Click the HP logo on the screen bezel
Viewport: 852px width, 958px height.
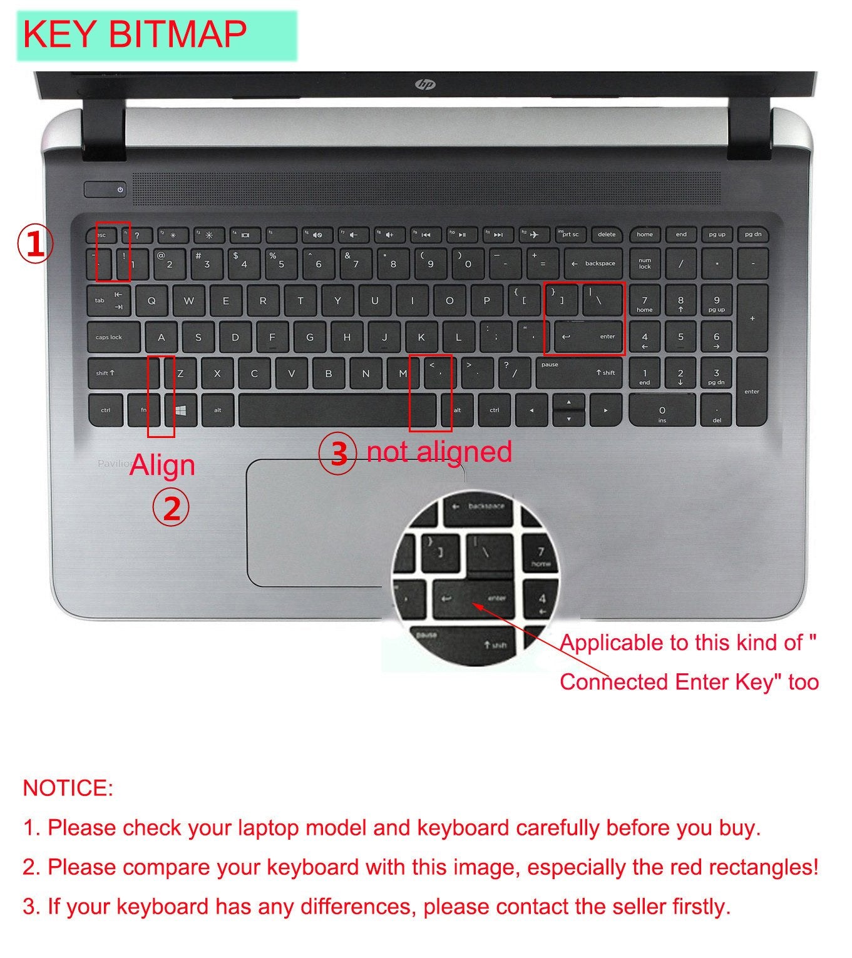click(426, 84)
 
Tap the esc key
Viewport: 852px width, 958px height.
click(102, 235)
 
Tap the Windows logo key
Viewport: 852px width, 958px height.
click(182, 410)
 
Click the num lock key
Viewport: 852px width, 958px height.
click(645, 263)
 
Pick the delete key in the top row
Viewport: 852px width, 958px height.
click(607, 235)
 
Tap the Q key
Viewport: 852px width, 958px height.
click(151, 300)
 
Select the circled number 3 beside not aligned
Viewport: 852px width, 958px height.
click(338, 453)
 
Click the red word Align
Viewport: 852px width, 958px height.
click(162, 466)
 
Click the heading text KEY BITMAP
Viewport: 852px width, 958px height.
click(135, 34)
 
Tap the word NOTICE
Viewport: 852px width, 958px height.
click(68, 788)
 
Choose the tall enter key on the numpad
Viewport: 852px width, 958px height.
click(752, 391)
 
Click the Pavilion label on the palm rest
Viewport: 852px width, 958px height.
click(113, 464)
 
